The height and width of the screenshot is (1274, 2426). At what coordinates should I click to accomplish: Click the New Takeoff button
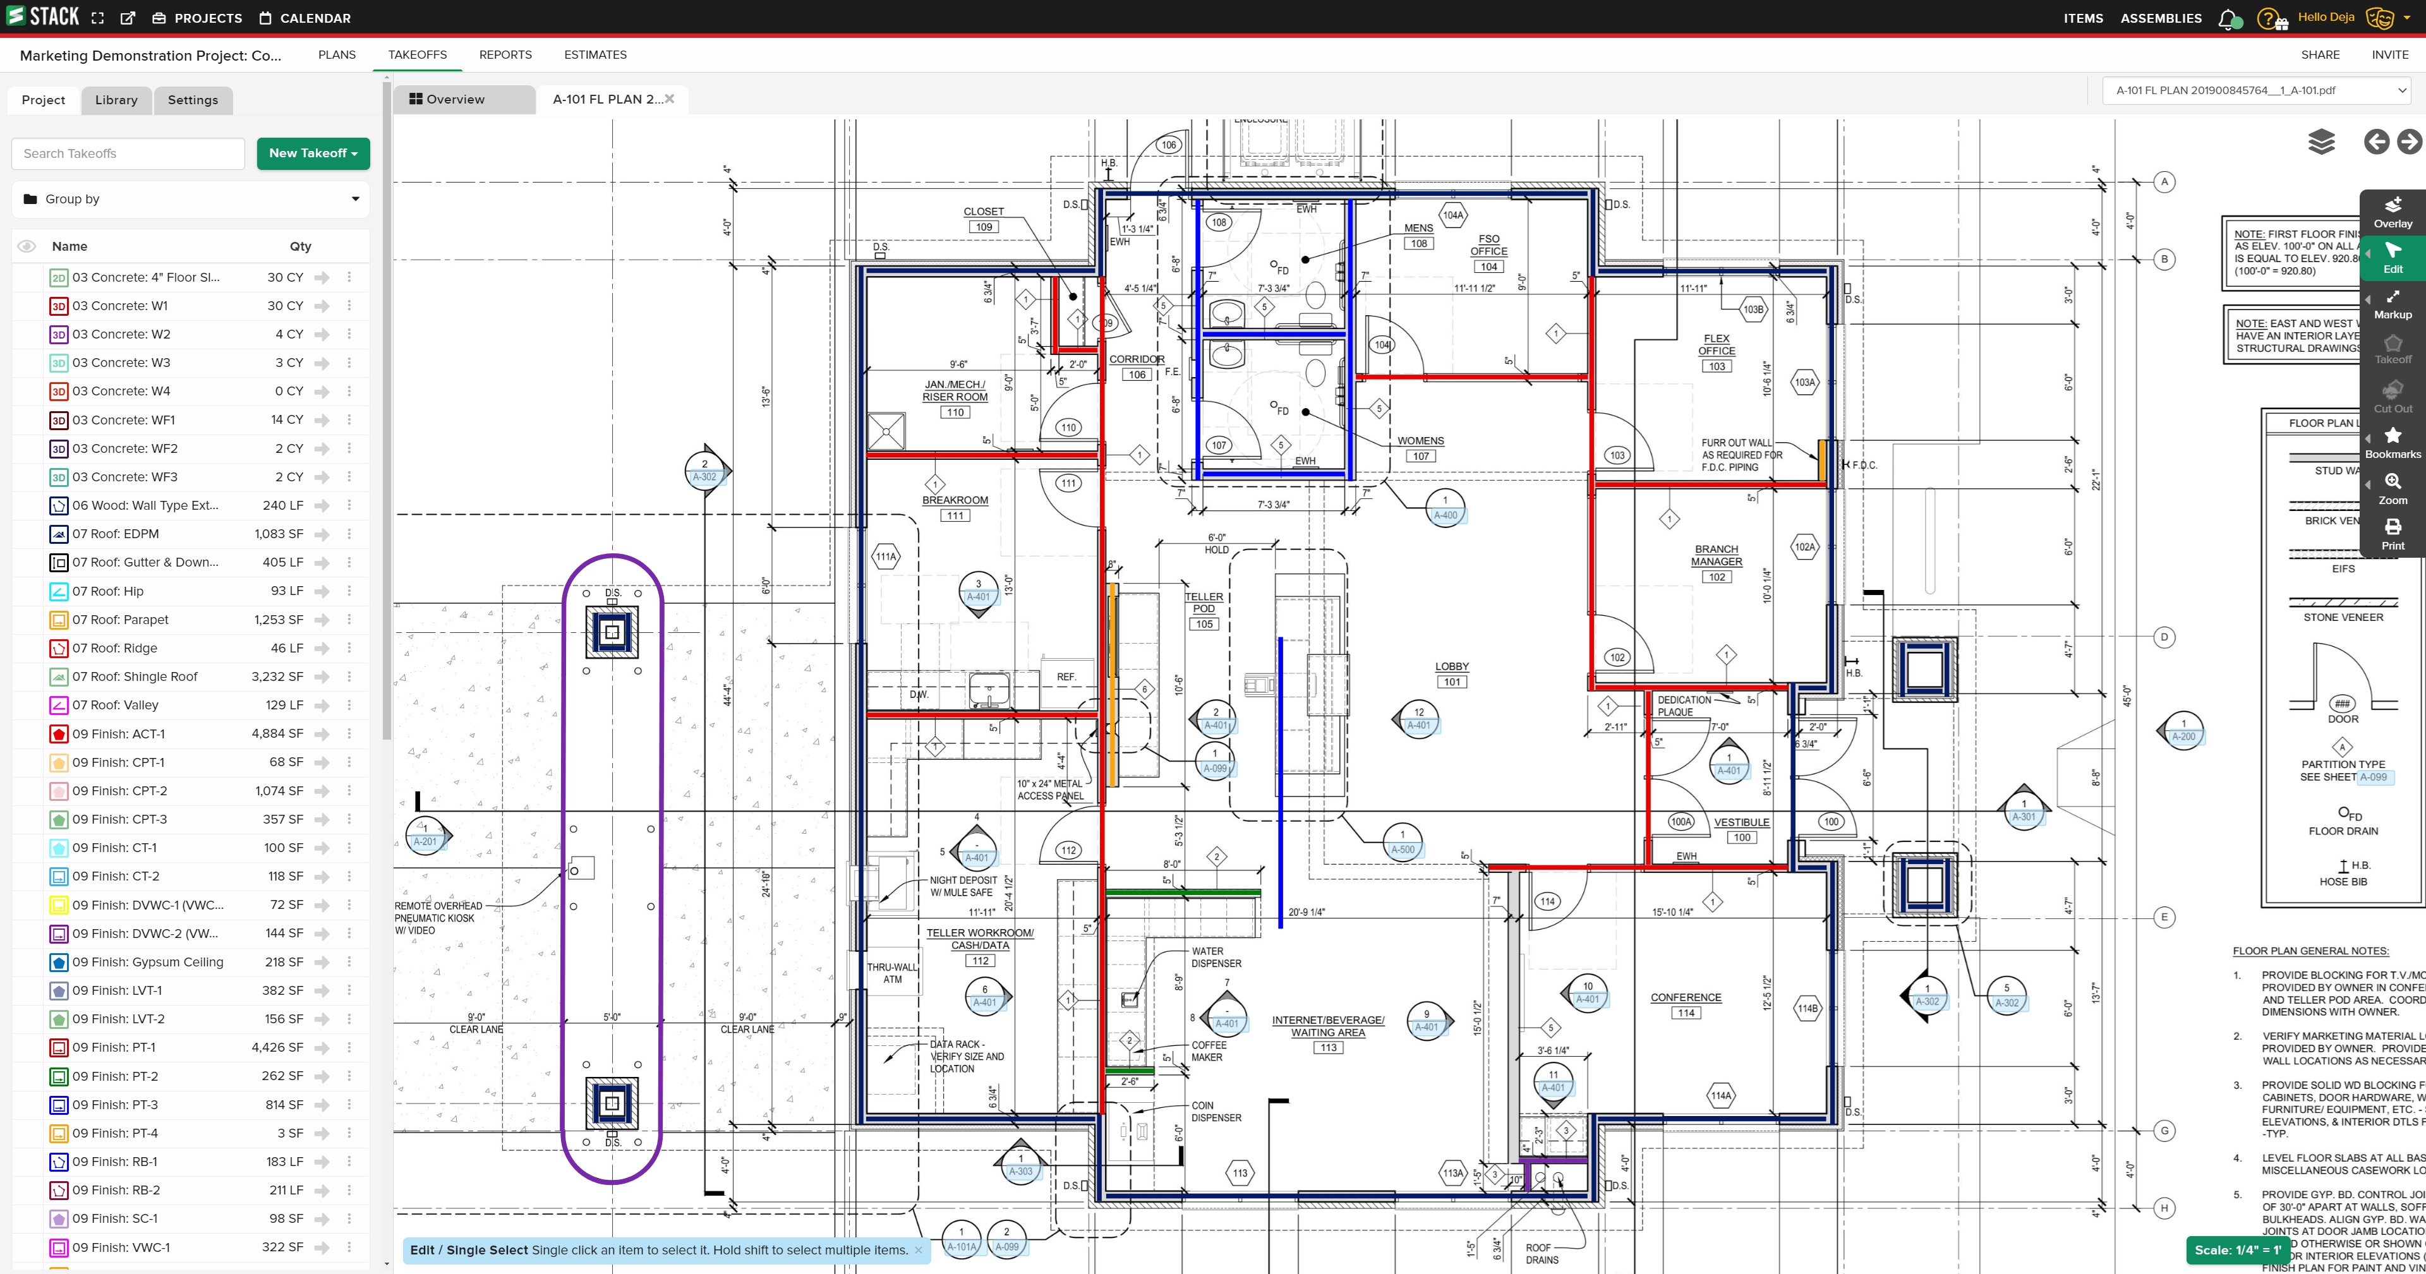pyautogui.click(x=313, y=153)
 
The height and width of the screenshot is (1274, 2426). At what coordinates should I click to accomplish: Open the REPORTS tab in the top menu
pyautogui.click(x=505, y=54)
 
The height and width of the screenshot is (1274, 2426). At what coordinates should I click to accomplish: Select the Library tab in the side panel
pyautogui.click(x=116, y=100)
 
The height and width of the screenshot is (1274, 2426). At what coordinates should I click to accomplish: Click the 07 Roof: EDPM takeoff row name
pyautogui.click(x=116, y=534)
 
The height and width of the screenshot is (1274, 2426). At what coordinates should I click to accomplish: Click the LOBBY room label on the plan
pyautogui.click(x=1451, y=666)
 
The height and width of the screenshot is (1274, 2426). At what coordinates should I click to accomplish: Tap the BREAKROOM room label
pyautogui.click(x=955, y=500)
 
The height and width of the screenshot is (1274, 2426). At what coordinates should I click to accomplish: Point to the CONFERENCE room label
pyautogui.click(x=1685, y=997)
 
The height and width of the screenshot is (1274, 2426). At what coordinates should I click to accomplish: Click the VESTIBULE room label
pyautogui.click(x=1741, y=822)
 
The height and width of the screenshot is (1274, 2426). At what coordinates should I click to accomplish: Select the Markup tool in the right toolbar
pyautogui.click(x=2392, y=304)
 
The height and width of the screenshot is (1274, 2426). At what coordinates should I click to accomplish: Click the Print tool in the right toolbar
pyautogui.click(x=2392, y=535)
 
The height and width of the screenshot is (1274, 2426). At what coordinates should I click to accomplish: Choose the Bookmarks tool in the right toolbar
pyautogui.click(x=2392, y=443)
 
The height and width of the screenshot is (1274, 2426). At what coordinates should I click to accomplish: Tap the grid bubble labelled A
pyautogui.click(x=2164, y=182)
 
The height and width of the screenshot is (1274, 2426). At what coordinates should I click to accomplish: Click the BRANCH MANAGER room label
pyautogui.click(x=1716, y=556)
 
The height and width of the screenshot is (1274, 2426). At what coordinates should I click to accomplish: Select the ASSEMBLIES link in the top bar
pyautogui.click(x=2161, y=18)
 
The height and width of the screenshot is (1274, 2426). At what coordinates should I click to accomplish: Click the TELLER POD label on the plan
pyautogui.click(x=1204, y=603)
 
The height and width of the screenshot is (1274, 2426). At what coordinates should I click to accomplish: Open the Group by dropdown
pyautogui.click(x=191, y=199)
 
